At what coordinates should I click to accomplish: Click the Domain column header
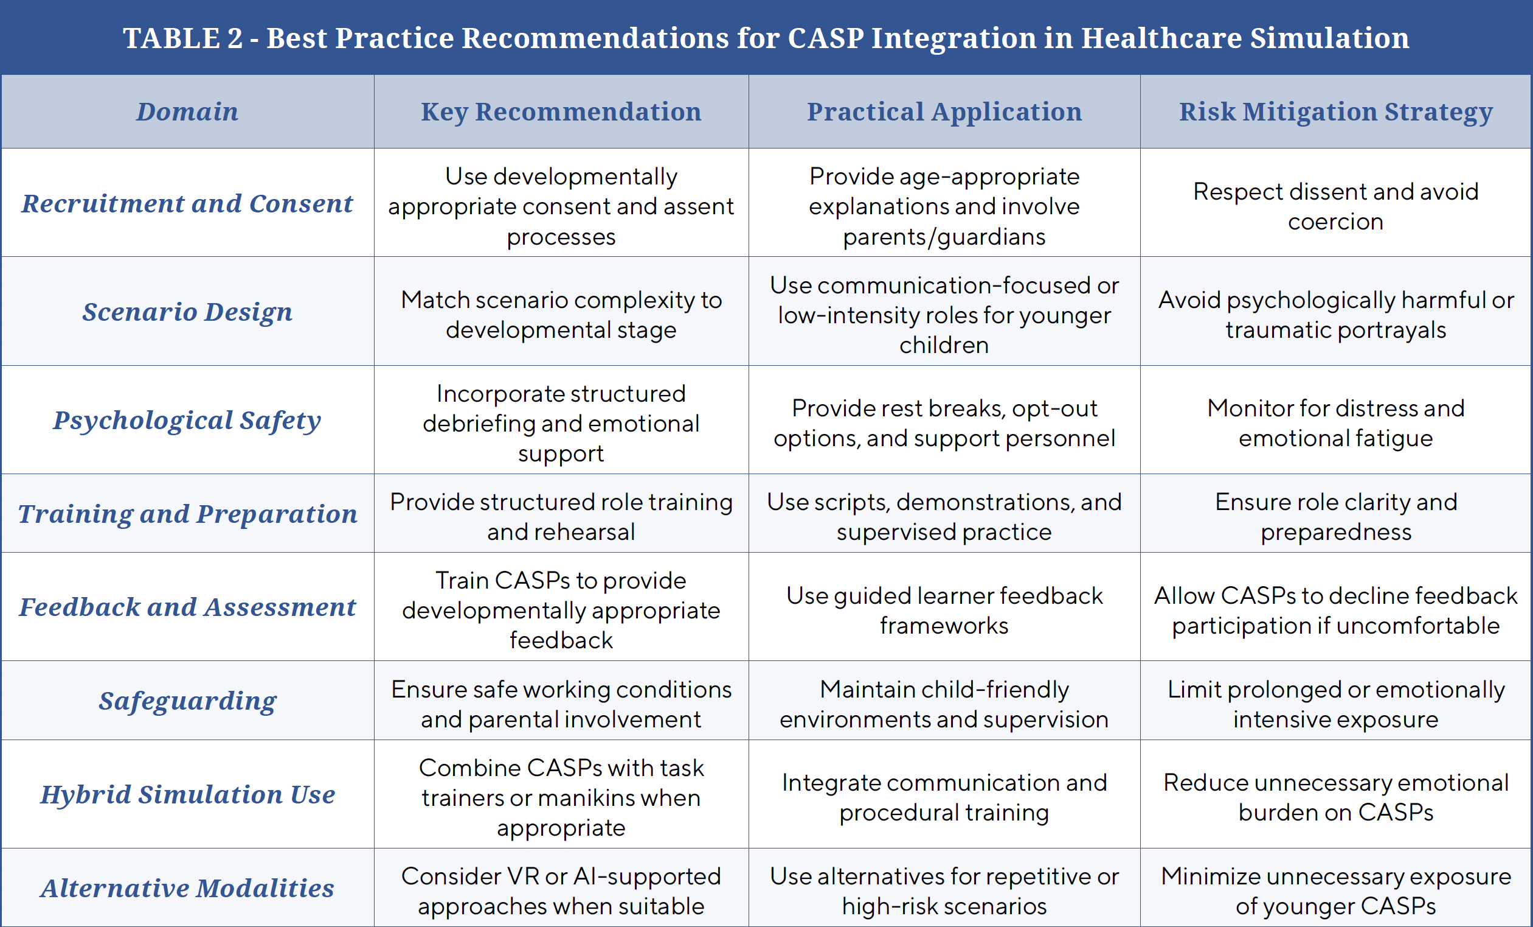pos(187,112)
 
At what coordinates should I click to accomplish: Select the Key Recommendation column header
pos(561,112)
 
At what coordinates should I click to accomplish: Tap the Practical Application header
pos(944,112)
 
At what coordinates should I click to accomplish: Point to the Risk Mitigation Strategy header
pos(1336,112)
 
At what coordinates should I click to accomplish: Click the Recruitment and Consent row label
pos(187,203)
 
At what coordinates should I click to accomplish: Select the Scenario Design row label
pos(187,312)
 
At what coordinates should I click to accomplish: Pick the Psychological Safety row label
pos(187,420)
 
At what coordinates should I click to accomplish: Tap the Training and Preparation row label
pos(187,514)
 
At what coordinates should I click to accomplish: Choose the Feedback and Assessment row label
pos(187,607)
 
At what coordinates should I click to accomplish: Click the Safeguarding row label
pos(187,701)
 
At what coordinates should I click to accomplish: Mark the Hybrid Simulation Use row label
pos(187,794)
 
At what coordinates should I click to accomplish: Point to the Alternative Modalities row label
pos(187,889)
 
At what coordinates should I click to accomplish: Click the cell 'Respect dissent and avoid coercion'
pos(1336,206)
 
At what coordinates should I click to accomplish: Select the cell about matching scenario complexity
pos(561,315)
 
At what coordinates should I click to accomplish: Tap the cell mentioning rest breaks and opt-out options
pos(944,424)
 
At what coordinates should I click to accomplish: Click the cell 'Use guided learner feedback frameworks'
pos(944,610)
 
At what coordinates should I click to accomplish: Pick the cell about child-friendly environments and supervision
pos(944,704)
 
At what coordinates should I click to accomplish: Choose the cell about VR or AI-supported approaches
pos(561,891)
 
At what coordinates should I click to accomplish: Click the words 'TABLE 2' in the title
pos(182,38)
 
